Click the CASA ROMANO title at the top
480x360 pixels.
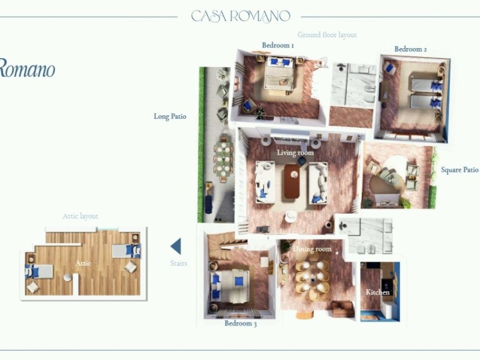[x=241, y=16]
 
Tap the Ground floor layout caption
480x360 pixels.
[x=327, y=35]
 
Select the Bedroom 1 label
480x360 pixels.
[x=278, y=45]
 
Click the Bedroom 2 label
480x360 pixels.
[x=410, y=49]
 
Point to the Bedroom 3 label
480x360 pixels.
[x=241, y=324]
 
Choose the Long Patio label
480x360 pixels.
[x=170, y=117]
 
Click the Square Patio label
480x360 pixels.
[x=460, y=170]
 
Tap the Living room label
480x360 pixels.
[x=295, y=153]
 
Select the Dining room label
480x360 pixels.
[x=312, y=248]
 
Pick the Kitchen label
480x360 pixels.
[x=378, y=292]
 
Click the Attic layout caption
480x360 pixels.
[x=80, y=216]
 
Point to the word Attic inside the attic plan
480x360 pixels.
[x=83, y=263]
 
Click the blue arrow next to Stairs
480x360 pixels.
[x=176, y=247]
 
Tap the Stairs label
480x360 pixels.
[x=178, y=263]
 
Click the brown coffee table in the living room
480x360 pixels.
[x=292, y=181]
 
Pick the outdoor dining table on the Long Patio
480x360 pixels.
[x=223, y=159]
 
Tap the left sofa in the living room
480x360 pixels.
[x=265, y=181]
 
